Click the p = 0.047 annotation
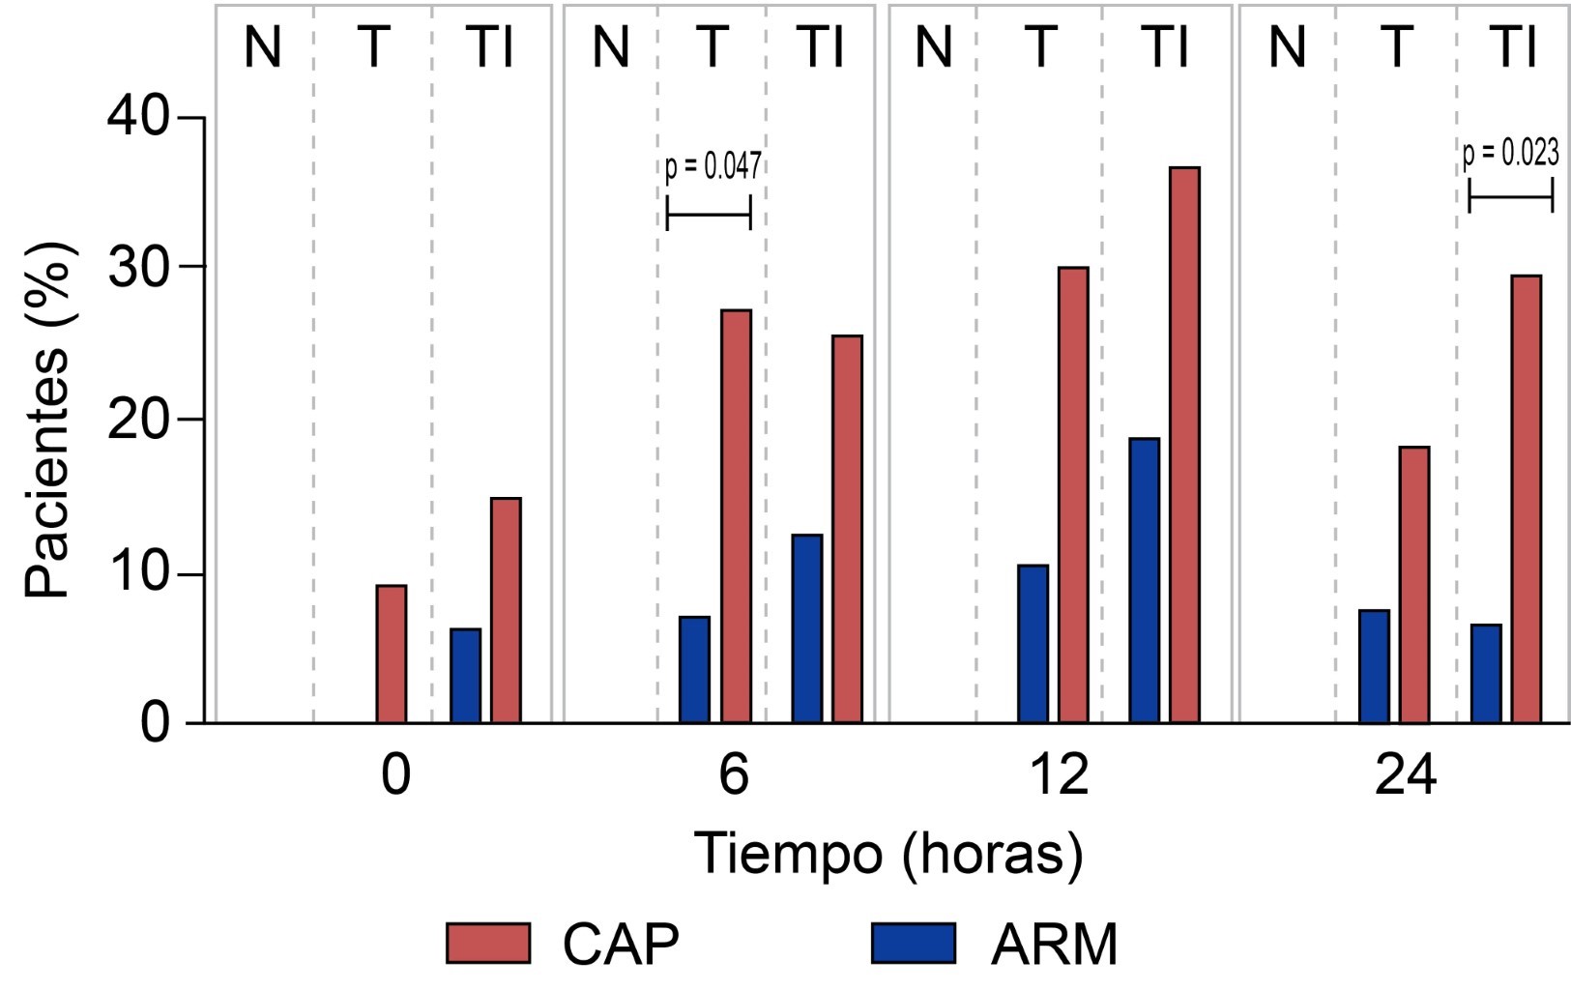click(713, 166)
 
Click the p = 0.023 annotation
click(1510, 153)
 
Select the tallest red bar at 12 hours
click(1184, 445)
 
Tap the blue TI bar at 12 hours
click(1144, 580)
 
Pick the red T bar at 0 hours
click(392, 654)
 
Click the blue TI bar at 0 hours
click(465, 675)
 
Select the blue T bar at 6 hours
click(694, 669)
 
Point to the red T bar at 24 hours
click(1414, 584)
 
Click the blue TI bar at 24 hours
click(1486, 673)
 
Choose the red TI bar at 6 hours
click(847, 529)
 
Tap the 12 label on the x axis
click(1061, 775)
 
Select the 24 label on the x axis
click(1405, 775)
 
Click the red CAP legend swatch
click(488, 944)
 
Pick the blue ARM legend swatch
click(913, 944)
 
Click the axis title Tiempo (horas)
click(888, 855)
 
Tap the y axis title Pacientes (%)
click(48, 419)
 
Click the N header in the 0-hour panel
click(262, 46)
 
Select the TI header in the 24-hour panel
click(1514, 46)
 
